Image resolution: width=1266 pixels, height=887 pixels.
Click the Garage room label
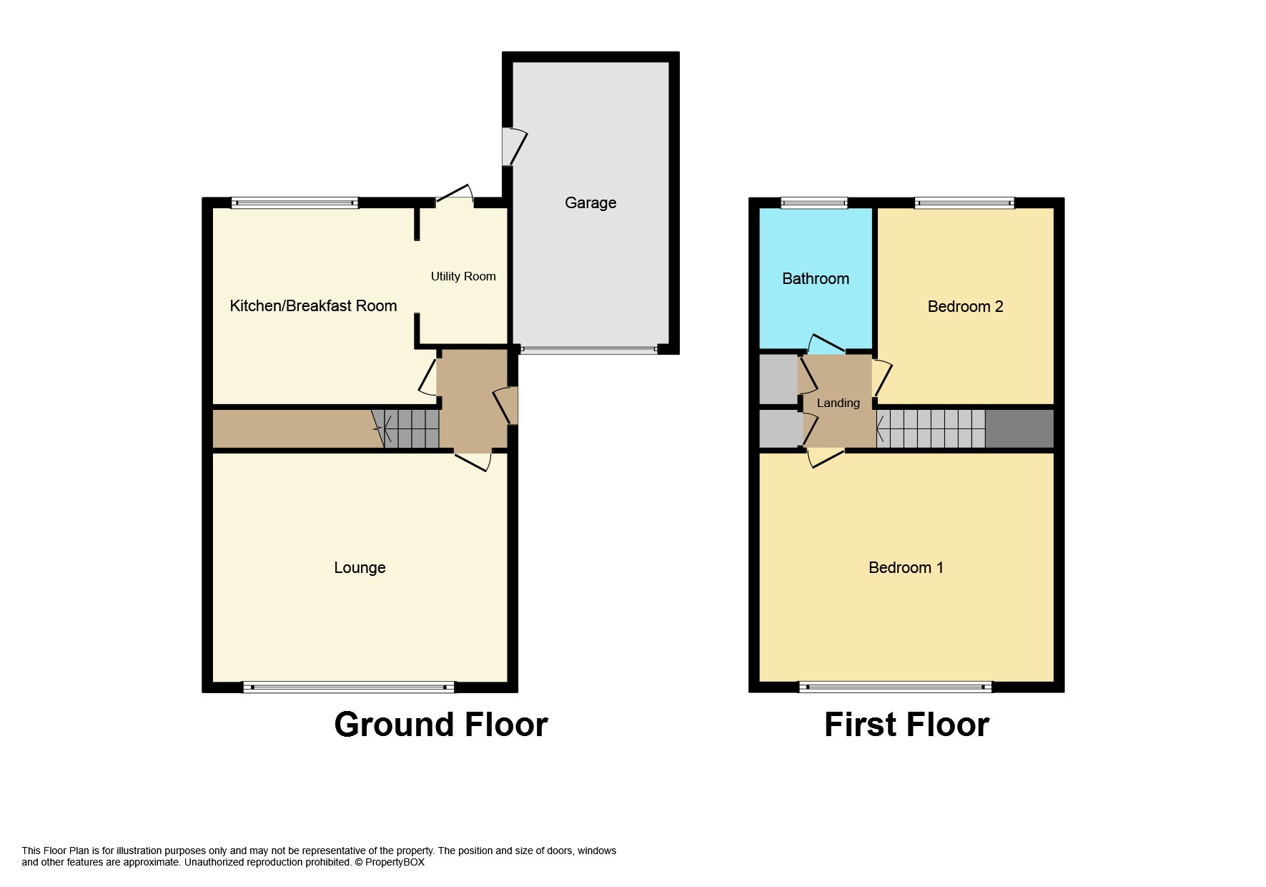590,203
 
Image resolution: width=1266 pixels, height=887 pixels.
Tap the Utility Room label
463,277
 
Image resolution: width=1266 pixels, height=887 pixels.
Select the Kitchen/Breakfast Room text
313,306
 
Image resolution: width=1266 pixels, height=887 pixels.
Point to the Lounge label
360,568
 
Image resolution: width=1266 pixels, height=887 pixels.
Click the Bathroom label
816,279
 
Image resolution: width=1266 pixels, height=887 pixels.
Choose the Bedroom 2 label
965,307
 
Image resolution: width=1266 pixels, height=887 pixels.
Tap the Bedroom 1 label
906,568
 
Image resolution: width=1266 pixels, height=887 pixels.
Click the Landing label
838,403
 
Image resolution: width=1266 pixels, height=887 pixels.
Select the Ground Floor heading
441,725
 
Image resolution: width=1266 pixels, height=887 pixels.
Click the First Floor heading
906,725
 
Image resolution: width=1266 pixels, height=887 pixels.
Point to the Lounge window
349,687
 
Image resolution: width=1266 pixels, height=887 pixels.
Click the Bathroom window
814,203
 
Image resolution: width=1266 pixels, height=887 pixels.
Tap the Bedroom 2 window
964,203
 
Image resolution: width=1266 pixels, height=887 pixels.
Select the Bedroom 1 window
895,687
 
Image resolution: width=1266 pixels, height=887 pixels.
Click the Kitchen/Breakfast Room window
295,203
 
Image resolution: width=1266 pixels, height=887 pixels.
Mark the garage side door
514,147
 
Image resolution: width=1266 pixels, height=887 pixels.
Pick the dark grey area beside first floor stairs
1019,428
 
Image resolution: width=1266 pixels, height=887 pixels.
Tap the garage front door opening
589,351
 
